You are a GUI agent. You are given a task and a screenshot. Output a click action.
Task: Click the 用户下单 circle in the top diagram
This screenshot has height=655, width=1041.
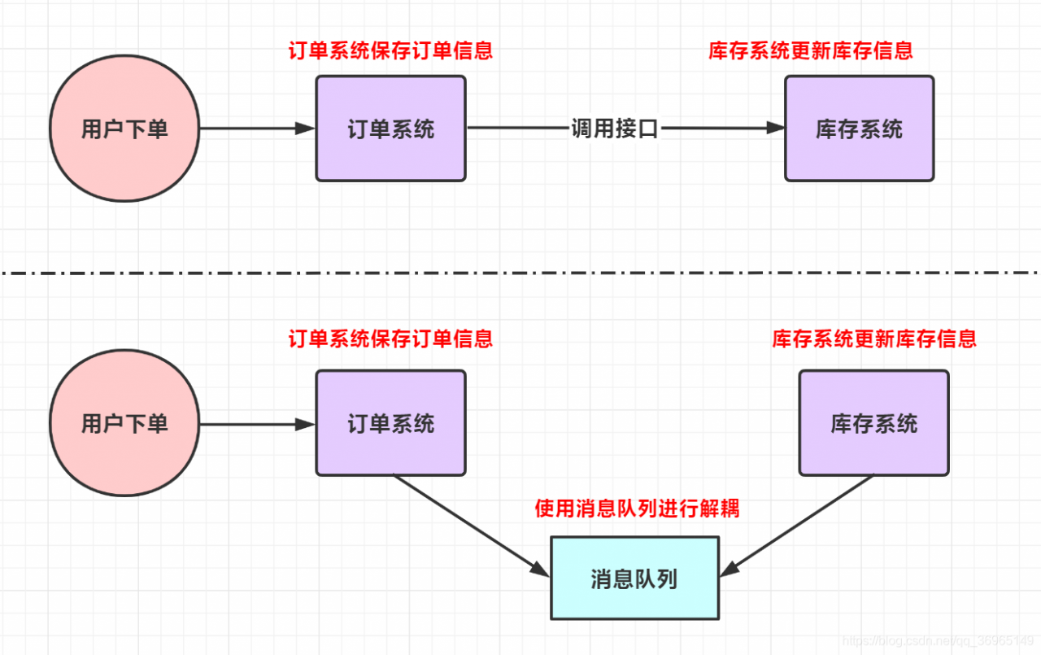click(124, 129)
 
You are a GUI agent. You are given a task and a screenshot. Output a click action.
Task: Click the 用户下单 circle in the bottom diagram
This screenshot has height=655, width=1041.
click(124, 423)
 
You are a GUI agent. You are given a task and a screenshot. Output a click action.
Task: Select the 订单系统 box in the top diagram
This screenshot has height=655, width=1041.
click(390, 129)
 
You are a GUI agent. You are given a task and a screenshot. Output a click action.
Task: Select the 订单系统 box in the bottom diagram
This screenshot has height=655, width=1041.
click(390, 423)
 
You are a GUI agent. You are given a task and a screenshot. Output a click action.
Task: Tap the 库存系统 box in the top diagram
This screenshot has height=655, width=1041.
click(859, 129)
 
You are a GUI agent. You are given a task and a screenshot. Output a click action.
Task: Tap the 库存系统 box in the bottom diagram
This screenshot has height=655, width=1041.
click(873, 423)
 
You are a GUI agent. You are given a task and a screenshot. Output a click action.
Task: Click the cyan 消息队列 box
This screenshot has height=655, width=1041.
click(634, 579)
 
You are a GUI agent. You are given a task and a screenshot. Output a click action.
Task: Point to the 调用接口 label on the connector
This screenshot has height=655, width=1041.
click(614, 129)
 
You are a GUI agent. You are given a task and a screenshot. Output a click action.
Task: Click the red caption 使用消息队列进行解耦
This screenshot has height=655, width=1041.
click(637, 509)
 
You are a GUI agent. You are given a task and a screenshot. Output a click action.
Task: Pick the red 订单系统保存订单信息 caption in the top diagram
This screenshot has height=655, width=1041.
click(390, 50)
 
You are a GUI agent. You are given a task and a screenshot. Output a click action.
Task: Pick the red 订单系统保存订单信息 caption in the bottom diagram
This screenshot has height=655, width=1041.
click(390, 338)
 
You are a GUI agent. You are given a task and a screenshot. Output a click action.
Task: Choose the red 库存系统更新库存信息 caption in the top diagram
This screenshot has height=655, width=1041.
click(811, 50)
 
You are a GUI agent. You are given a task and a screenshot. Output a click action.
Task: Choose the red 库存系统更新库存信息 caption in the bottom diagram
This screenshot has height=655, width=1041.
click(874, 338)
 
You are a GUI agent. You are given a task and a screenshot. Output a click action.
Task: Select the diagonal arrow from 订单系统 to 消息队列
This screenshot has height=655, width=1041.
click(468, 522)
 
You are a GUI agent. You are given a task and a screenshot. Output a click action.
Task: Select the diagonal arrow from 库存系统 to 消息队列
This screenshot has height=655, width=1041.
click(801, 522)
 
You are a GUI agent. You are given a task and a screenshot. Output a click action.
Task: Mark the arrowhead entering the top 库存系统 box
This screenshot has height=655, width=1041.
click(775, 129)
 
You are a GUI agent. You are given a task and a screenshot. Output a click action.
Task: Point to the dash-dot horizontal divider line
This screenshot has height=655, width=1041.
click(520, 273)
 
